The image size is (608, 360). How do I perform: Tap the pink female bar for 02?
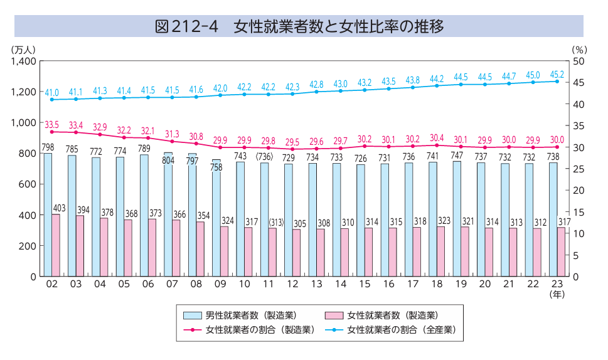pyautogui.click(x=56, y=245)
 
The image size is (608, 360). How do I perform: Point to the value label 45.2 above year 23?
pyautogui.click(x=557, y=74)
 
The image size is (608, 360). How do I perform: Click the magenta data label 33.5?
pyautogui.click(x=52, y=125)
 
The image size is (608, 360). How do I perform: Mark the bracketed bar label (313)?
pyautogui.click(x=277, y=222)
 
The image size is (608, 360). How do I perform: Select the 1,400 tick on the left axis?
pyautogui.click(x=24, y=61)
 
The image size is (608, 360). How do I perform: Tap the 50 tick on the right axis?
pyautogui.click(x=579, y=61)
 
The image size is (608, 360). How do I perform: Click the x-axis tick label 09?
pyautogui.click(x=220, y=284)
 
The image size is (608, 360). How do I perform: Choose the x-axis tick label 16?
pyautogui.click(x=388, y=284)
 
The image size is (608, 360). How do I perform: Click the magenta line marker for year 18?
pyautogui.click(x=437, y=146)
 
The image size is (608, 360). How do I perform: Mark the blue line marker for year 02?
pyautogui.click(x=52, y=100)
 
